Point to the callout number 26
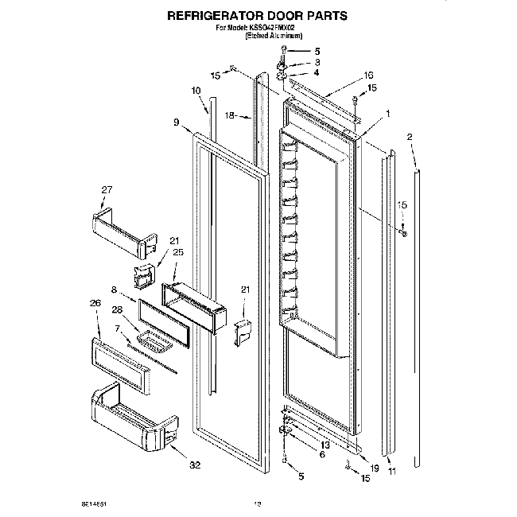pos(96,302)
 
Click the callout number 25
pos(178,252)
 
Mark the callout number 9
pos(175,122)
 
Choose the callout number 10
pos(196,91)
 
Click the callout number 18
pos(229,115)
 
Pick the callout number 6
pos(322,454)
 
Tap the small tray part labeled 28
pos(154,343)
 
